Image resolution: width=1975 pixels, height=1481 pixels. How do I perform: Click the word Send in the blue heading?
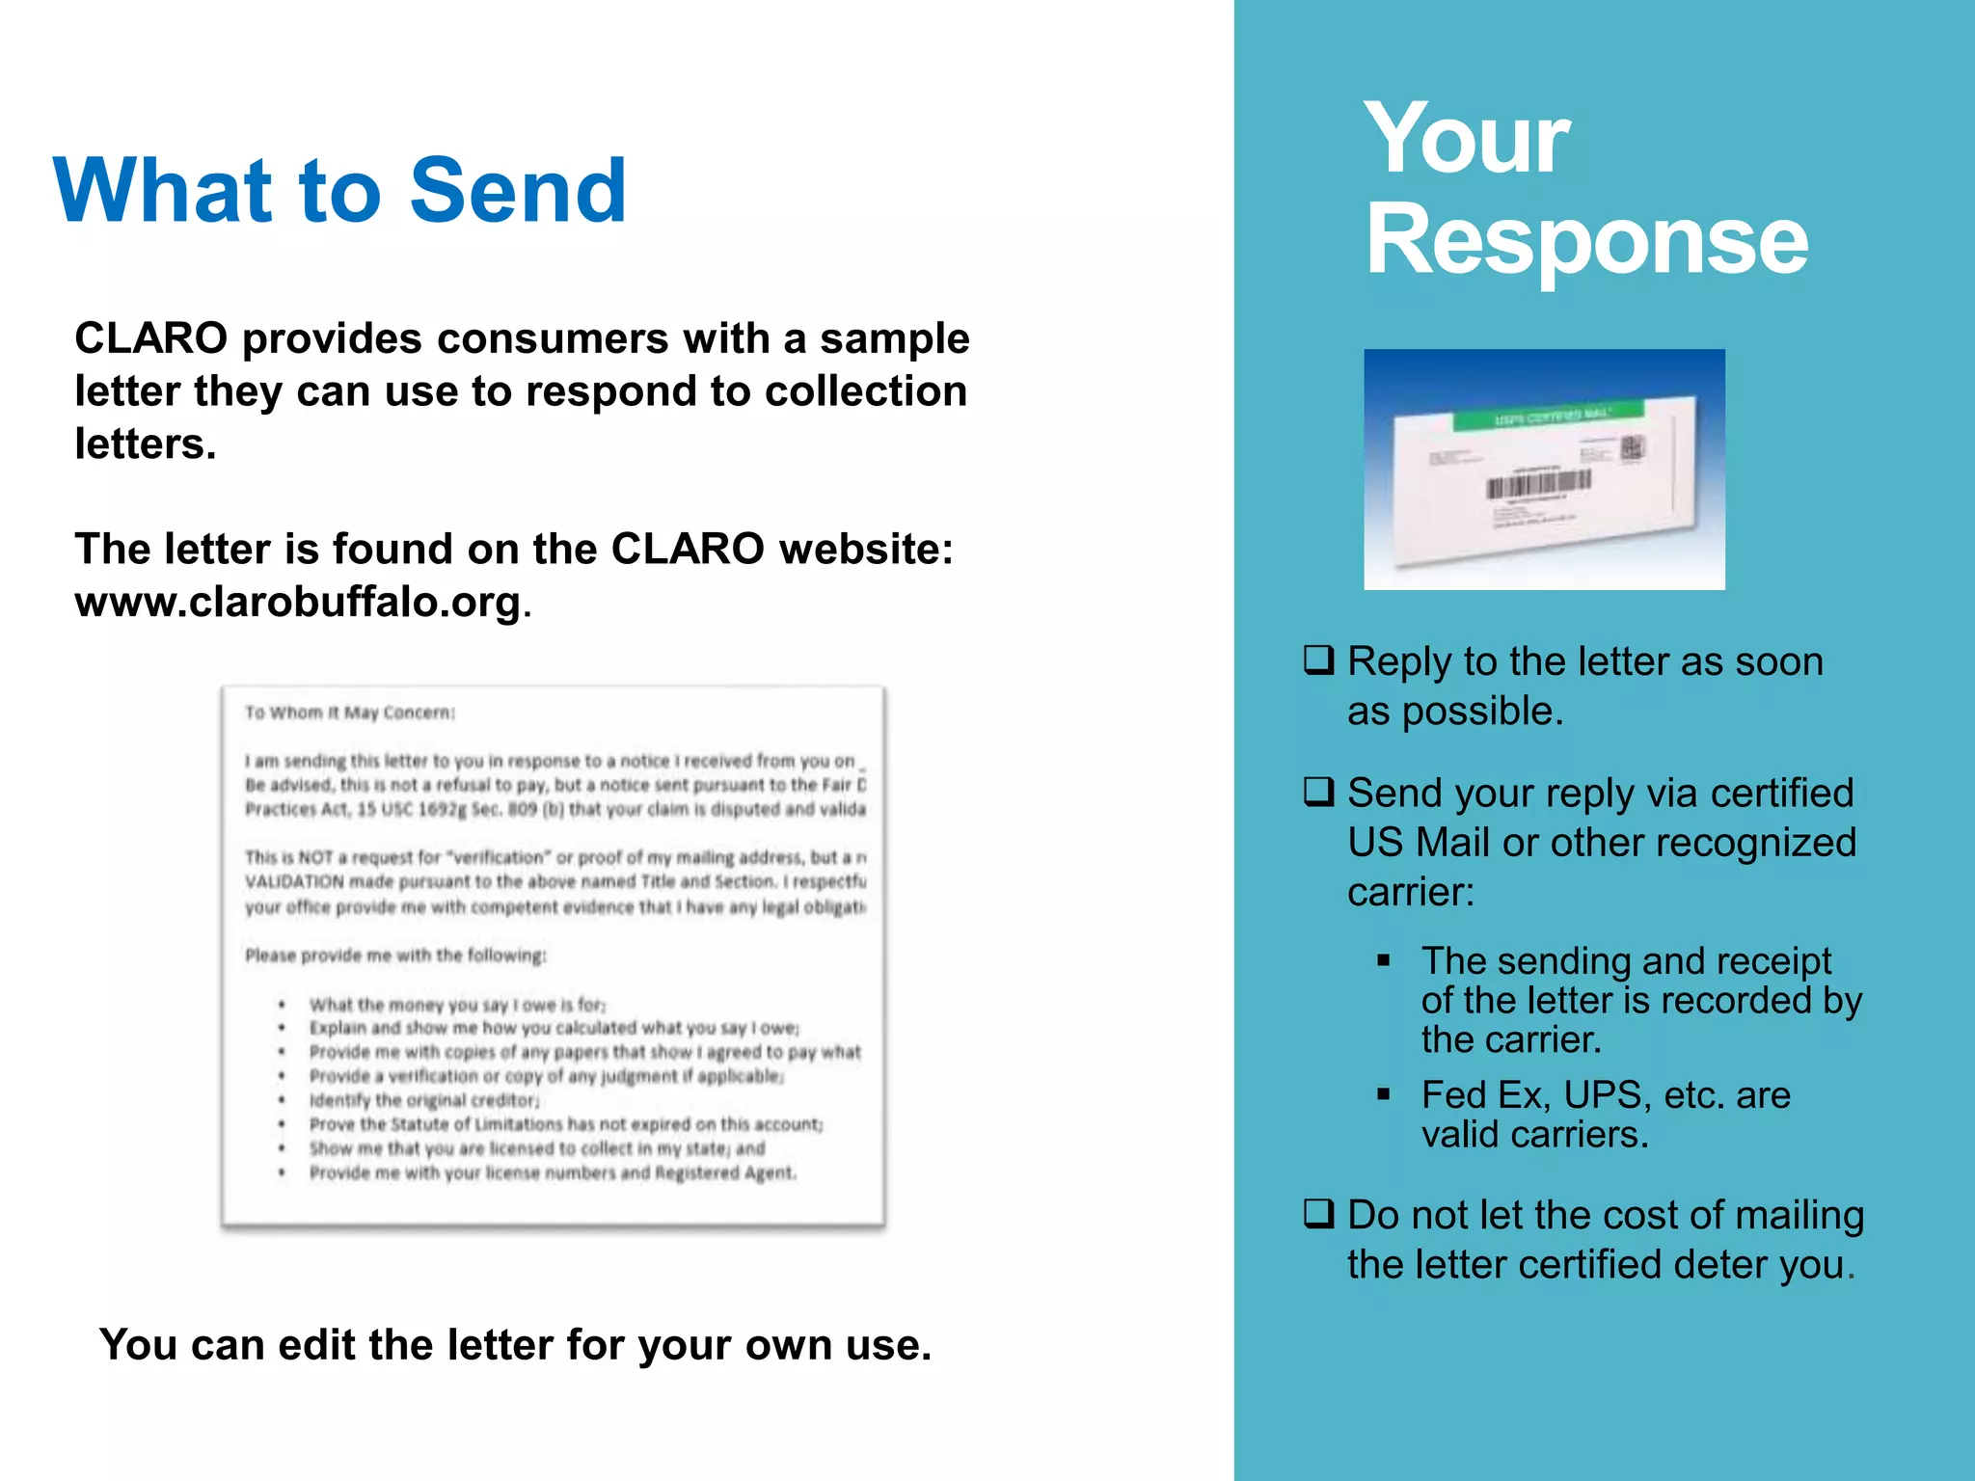click(x=518, y=191)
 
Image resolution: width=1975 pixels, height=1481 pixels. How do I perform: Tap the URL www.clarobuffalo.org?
click(x=297, y=603)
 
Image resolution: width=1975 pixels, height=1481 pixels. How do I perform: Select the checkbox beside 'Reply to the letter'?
click(x=1318, y=660)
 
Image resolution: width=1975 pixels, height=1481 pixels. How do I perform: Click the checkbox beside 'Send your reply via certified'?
click(x=1318, y=793)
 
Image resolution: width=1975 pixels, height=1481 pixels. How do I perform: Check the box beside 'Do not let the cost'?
click(x=1318, y=1213)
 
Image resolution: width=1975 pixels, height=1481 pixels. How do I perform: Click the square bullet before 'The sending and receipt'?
click(x=1384, y=960)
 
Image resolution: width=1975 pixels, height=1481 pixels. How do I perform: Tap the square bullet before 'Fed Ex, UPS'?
click(x=1384, y=1094)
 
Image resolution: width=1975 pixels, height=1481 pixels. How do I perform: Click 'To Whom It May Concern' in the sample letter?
click(x=349, y=713)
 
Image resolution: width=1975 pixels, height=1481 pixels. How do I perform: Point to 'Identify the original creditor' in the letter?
click(x=424, y=1100)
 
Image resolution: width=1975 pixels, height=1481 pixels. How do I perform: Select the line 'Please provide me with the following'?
click(x=395, y=956)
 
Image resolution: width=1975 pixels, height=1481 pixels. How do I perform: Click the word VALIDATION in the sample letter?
click(x=294, y=881)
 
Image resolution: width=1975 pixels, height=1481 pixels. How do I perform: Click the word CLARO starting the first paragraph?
click(x=150, y=338)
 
